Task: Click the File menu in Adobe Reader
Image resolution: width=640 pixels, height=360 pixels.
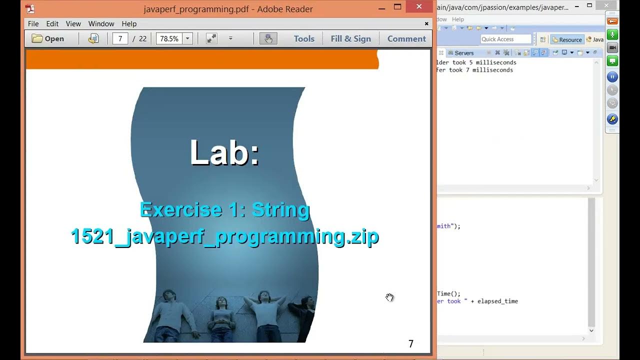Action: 33,23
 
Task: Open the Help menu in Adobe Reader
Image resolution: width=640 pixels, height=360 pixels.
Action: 129,23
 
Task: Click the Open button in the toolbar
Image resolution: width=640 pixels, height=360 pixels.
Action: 48,38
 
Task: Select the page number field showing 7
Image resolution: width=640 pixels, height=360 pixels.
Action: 120,38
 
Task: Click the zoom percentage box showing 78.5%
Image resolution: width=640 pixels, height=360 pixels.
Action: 169,38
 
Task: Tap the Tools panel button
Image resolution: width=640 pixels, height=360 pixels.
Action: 304,38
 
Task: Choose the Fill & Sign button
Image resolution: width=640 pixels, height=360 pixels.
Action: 350,38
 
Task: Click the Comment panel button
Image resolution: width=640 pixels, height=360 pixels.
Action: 406,38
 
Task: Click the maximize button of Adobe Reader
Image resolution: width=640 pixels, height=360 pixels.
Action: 397,7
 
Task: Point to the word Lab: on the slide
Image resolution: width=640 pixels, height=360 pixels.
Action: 224,152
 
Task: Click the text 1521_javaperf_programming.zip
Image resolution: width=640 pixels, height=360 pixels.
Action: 224,236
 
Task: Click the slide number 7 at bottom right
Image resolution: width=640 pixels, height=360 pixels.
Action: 411,343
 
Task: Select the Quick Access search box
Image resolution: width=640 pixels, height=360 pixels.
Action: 505,39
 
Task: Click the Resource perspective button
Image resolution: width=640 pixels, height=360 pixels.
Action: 567,39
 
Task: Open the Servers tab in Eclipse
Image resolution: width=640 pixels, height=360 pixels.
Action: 463,53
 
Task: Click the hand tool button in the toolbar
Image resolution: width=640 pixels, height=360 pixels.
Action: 268,38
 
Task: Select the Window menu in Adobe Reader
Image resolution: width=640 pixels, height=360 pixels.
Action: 101,23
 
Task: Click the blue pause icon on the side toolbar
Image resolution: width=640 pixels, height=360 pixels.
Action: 612,77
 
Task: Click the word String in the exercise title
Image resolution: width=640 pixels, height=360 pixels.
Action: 280,210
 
